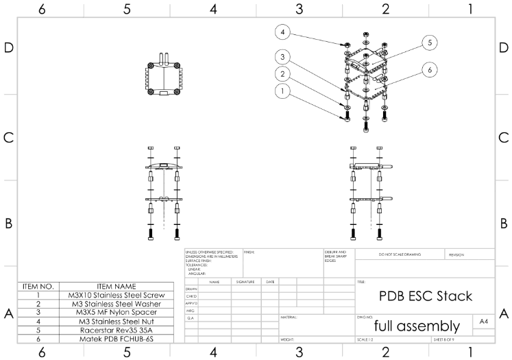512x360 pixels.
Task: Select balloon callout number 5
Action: click(x=429, y=43)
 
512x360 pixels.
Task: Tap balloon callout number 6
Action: click(x=429, y=69)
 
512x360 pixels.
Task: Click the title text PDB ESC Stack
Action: click(x=425, y=296)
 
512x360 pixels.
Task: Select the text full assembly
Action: click(x=417, y=325)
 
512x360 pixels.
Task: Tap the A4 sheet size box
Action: click(x=484, y=321)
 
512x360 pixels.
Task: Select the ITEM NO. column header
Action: click(x=38, y=286)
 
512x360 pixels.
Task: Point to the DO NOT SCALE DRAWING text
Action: click(x=400, y=254)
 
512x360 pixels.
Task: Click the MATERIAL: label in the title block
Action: click(x=289, y=317)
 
